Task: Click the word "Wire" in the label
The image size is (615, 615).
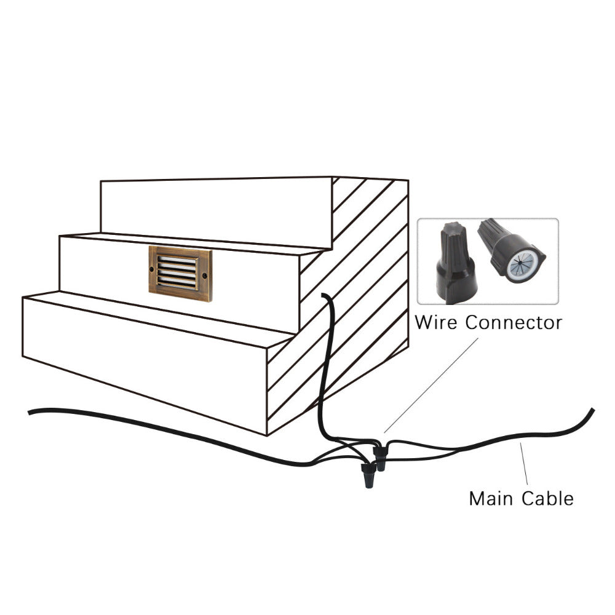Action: pos(436,322)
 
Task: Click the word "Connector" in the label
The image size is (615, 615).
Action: pos(514,322)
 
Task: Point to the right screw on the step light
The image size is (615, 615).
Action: pos(205,276)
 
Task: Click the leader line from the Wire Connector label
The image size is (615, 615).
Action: pos(430,384)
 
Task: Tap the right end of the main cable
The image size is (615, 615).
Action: pos(593,410)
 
